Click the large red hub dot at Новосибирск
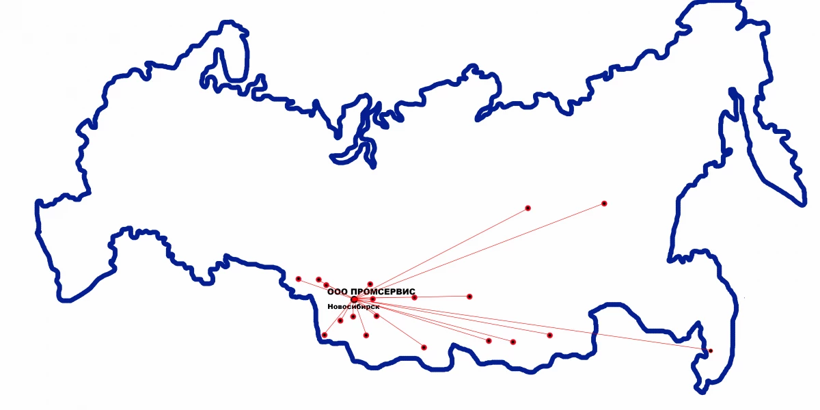pos(354,299)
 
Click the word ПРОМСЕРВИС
pos(387,292)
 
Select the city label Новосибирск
pos(353,307)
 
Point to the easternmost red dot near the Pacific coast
pos(710,351)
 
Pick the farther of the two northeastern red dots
pos(604,204)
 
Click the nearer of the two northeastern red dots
pos(528,208)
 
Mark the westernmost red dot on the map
pos(299,279)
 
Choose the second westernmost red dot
pos(318,279)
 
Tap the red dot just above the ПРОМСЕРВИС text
pos(370,284)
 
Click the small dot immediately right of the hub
pos(372,299)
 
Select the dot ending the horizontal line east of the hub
pos(469,297)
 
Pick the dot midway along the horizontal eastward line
pos(414,297)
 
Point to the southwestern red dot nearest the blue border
pos(324,335)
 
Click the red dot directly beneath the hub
pos(353,316)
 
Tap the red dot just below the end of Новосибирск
pos(377,316)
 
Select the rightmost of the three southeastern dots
pos(549,335)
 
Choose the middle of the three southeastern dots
pos(513,342)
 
